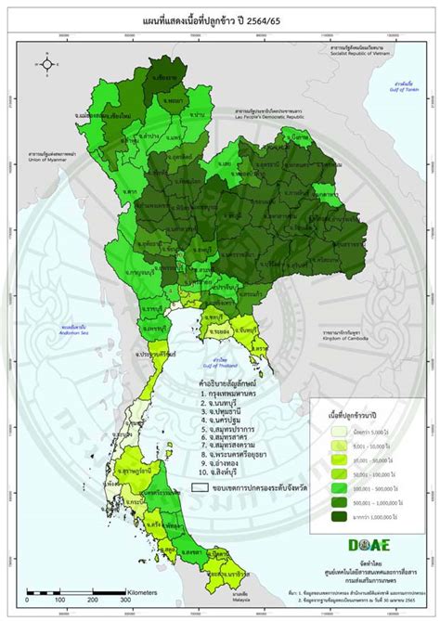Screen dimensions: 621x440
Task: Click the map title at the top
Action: [x=219, y=19]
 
